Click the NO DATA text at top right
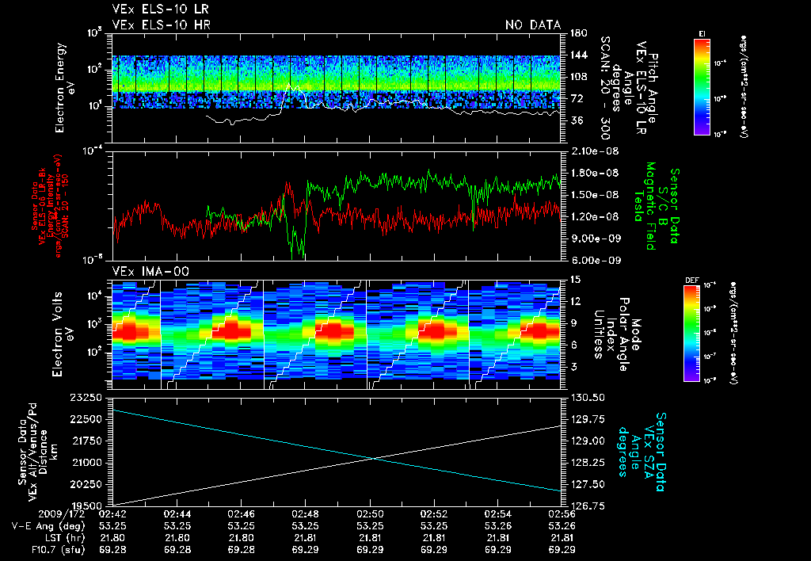click(x=533, y=25)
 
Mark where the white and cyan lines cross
click(x=373, y=457)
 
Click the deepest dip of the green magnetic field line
click(x=296, y=257)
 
